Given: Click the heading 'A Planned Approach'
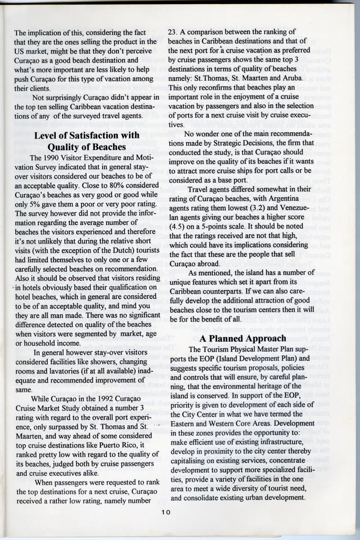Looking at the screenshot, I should click(243, 338).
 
